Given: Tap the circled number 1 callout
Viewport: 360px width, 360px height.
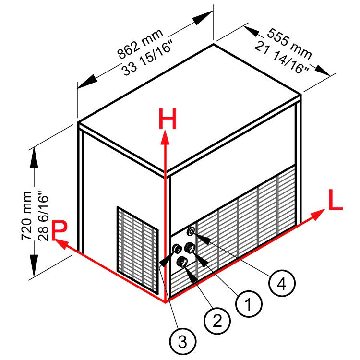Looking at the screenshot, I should click(247, 303).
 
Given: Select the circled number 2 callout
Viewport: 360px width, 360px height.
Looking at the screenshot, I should click(215, 319).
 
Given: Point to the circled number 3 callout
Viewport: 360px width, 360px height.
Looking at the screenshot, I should click(181, 341).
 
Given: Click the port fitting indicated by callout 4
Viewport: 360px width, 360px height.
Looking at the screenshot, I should click(192, 231).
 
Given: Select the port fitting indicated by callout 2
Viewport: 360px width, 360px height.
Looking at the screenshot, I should click(183, 261).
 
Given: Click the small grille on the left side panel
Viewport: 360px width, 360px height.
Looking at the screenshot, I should click(137, 249).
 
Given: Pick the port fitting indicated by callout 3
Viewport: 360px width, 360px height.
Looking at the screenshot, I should click(176, 249).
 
